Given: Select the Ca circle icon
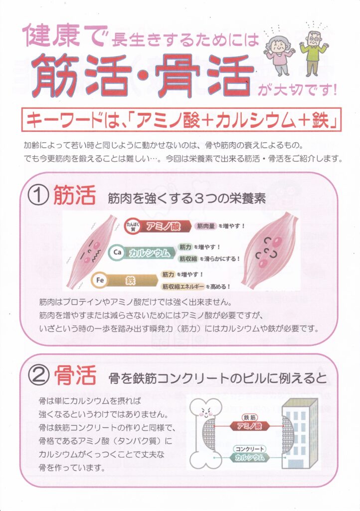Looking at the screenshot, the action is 118,252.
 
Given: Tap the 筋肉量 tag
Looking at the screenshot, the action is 206,226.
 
